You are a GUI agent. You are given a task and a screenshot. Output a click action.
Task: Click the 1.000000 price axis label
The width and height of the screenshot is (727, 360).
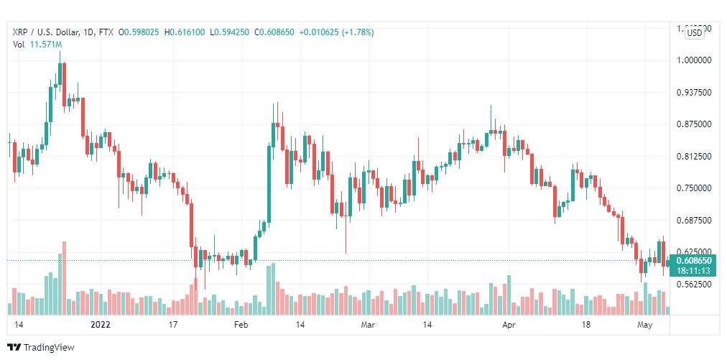tap(694, 60)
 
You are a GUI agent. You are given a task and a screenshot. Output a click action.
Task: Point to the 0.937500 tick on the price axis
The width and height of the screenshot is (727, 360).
tap(694, 93)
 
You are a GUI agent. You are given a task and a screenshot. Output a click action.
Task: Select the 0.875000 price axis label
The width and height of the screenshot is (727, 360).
tap(694, 124)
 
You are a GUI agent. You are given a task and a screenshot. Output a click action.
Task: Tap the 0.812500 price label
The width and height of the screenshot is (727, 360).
tap(694, 157)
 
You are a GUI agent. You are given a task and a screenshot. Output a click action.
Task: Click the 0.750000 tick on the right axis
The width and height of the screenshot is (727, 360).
tap(694, 188)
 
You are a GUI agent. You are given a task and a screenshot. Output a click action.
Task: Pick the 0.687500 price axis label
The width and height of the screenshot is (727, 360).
tap(694, 221)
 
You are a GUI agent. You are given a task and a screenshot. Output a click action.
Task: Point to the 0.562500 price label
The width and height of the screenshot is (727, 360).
tap(694, 285)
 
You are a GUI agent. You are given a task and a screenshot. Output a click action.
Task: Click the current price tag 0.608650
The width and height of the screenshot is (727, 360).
tap(693, 260)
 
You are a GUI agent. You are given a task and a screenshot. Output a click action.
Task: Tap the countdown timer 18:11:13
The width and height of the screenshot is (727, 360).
tap(693, 271)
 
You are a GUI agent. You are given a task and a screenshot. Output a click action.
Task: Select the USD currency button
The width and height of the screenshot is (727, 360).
tap(695, 32)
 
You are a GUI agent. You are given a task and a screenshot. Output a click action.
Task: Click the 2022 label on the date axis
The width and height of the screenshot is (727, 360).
tap(100, 325)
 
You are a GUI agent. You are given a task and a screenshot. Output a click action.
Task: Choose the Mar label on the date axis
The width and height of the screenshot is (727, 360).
tap(368, 325)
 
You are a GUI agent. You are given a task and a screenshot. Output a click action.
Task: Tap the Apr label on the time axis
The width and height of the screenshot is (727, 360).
tap(508, 325)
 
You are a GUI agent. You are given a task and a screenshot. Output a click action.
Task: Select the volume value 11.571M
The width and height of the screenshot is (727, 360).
tap(45, 44)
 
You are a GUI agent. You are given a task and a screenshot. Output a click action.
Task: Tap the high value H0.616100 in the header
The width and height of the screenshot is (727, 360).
tap(185, 32)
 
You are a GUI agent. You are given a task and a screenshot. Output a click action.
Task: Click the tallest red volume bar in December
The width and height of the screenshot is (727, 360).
tap(64, 278)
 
